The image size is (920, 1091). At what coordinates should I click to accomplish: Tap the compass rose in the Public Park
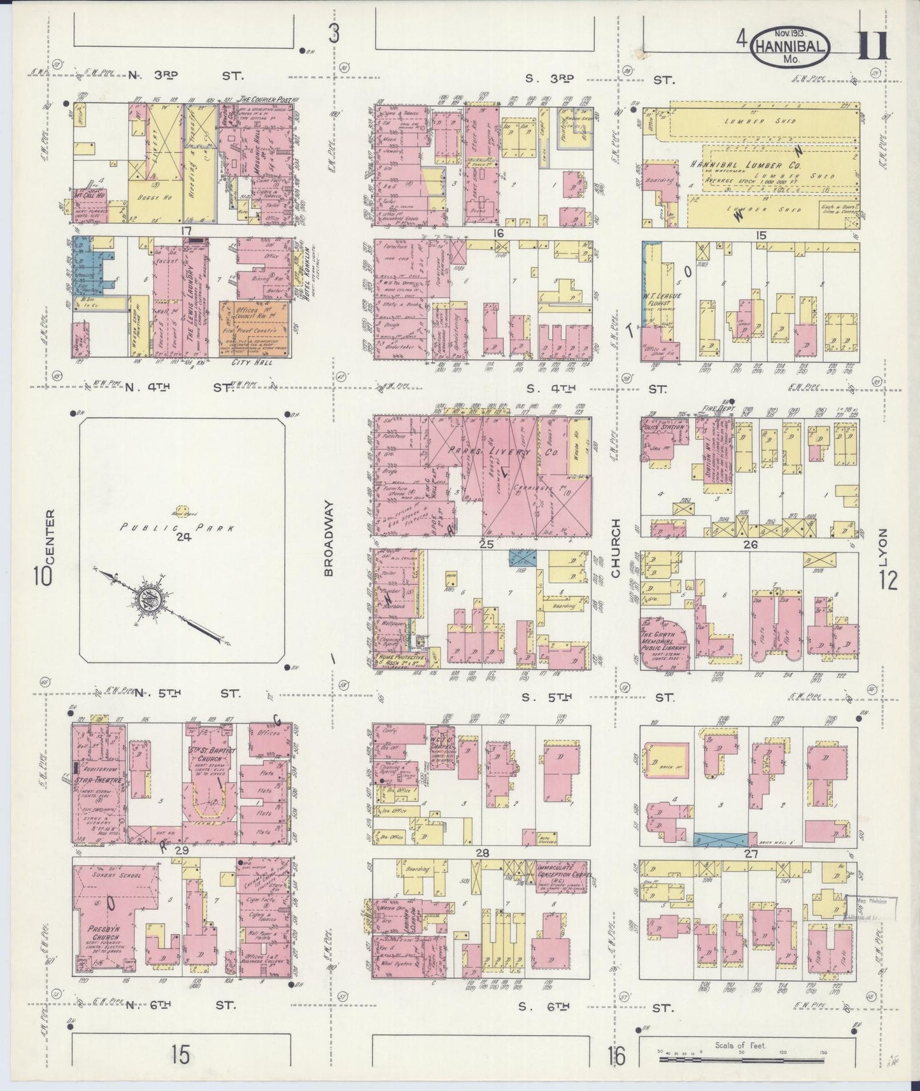tap(146, 599)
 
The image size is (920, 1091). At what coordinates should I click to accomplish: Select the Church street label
tap(615, 548)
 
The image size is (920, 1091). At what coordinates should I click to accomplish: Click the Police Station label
tap(665, 426)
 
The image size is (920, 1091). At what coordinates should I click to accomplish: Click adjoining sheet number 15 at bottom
tap(180, 1055)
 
